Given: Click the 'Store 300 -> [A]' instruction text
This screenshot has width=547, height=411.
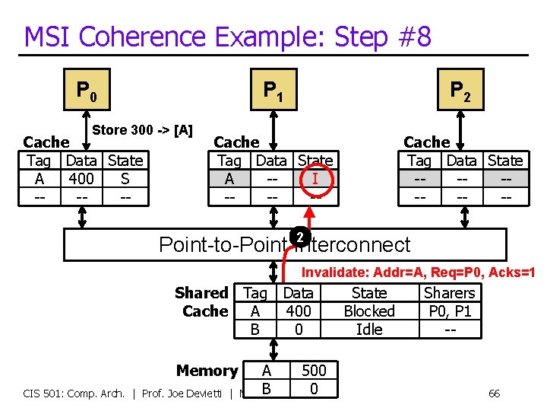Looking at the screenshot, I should [x=142, y=130].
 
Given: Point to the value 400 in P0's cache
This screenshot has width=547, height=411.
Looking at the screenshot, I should [x=81, y=179].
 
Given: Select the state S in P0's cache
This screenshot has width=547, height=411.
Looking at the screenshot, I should [x=125, y=179].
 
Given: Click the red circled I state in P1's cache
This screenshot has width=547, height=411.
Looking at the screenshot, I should [x=315, y=180].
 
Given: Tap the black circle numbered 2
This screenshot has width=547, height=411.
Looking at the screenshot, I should [x=300, y=237].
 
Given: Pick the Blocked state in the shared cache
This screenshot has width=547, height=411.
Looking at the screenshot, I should [x=369, y=311].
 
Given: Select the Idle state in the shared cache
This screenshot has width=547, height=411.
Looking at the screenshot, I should [x=369, y=330].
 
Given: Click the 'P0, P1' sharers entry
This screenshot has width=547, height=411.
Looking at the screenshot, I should [x=450, y=311].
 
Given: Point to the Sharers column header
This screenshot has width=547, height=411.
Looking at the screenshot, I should [x=450, y=293].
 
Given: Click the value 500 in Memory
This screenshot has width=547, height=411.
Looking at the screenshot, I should [x=314, y=371].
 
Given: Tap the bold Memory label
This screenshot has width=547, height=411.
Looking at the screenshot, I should [x=207, y=371].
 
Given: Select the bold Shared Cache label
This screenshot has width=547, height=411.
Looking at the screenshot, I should [x=202, y=302].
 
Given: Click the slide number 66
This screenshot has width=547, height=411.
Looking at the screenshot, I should [x=494, y=393].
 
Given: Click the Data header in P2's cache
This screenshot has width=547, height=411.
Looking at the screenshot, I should [x=461, y=161].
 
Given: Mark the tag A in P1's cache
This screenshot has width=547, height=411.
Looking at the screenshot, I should [x=229, y=179].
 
